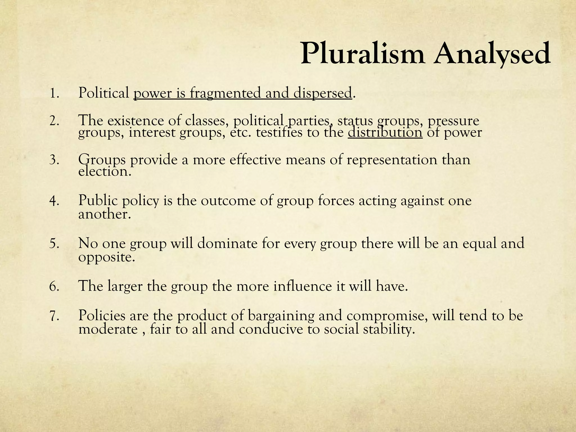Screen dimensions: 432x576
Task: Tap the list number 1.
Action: point(54,93)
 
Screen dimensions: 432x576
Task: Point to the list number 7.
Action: point(54,316)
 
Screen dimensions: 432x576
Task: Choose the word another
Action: point(104,214)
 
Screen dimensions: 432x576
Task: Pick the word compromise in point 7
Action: point(386,316)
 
